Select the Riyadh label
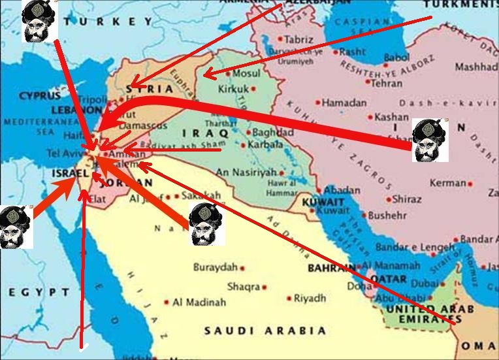[x=310, y=299]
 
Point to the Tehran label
[x=387, y=84]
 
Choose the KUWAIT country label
[x=323, y=203]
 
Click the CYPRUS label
[x=39, y=95]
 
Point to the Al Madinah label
[x=199, y=303]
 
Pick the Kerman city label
[x=448, y=184]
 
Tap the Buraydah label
[x=215, y=268]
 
